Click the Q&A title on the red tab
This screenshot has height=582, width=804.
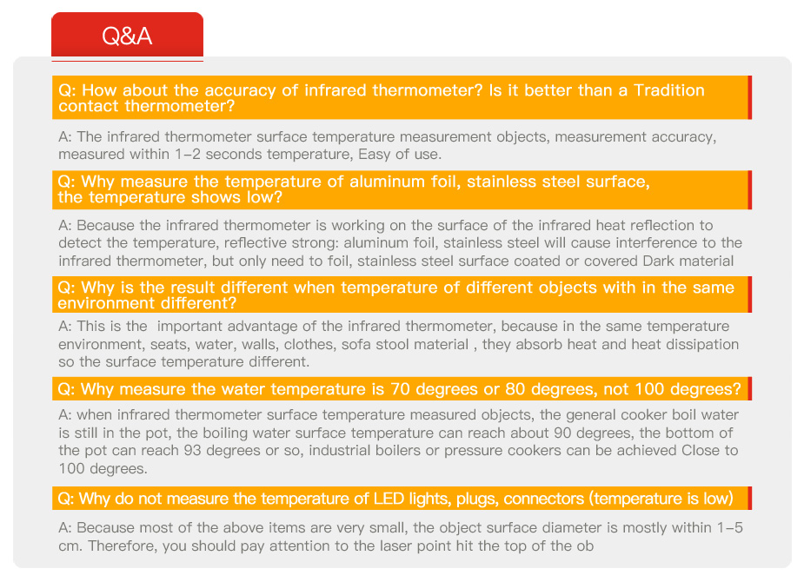127,36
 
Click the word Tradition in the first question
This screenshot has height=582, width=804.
669,90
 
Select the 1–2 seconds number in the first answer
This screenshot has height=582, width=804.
187,155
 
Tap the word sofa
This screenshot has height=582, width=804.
356,344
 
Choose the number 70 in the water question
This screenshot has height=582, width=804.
400,389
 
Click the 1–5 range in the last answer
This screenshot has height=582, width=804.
729,527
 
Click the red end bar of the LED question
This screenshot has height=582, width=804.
749,498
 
